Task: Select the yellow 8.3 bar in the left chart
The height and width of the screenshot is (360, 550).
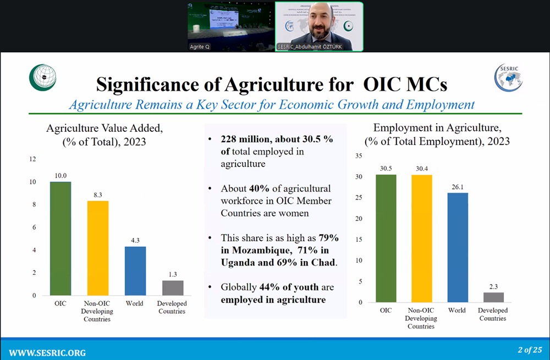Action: click(x=98, y=248)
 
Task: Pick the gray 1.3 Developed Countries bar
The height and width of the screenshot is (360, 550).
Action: click(x=173, y=287)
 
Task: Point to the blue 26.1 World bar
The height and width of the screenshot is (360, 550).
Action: click(x=457, y=247)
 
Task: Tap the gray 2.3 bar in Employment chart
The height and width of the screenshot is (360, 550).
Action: click(x=493, y=297)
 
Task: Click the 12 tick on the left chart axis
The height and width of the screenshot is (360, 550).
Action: click(x=32, y=159)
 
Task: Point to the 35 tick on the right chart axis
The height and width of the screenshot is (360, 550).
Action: click(x=359, y=156)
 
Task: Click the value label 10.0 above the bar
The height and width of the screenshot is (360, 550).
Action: click(x=61, y=175)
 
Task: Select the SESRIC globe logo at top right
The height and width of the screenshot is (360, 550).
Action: click(x=507, y=77)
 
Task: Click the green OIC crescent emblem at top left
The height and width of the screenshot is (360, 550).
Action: click(x=42, y=77)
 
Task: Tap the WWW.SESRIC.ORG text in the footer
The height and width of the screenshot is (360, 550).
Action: click(x=47, y=352)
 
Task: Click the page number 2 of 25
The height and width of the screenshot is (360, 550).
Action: click(x=530, y=350)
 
